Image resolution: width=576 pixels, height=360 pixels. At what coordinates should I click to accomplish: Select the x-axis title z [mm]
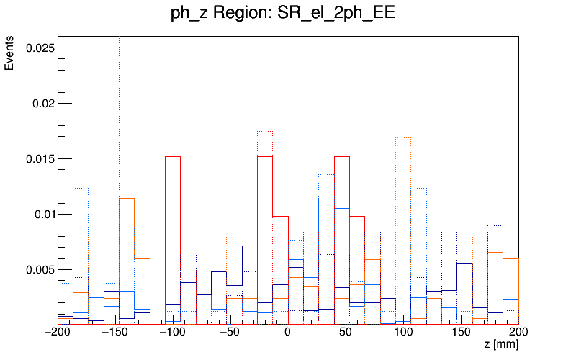coord(501,346)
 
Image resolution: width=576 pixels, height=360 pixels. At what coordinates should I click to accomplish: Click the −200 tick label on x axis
coord(58,333)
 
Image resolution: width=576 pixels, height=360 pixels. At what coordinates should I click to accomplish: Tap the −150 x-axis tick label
coord(115,333)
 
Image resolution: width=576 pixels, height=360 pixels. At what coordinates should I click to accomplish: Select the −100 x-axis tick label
coord(173,333)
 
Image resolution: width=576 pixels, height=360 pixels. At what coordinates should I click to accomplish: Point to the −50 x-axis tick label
coord(230,333)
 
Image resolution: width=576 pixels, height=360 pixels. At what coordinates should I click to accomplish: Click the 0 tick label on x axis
coord(288,333)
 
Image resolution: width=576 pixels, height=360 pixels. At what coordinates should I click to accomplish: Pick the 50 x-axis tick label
coord(346,333)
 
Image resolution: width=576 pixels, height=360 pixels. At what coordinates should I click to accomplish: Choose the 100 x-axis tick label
coord(403,333)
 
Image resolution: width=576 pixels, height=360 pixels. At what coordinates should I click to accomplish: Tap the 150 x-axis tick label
coord(461,333)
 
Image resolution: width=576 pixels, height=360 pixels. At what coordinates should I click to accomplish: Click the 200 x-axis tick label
coord(518,333)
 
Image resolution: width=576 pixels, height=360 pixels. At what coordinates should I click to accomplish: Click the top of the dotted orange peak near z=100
coord(403,137)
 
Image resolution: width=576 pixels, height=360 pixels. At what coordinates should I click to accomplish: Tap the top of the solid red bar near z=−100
coord(173,156)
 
